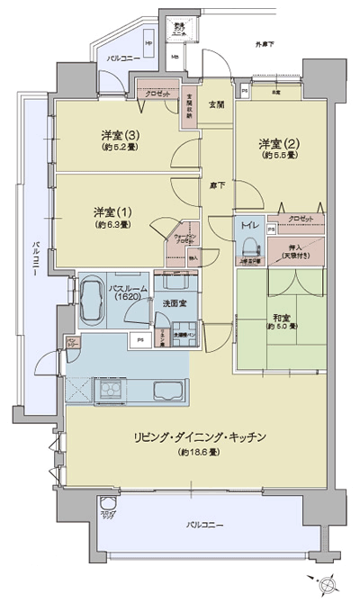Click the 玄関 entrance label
(x=217, y=105)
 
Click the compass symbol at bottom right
(x=326, y=581)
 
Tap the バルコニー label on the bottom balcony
(x=205, y=523)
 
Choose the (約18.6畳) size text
(x=200, y=451)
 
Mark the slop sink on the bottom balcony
(x=108, y=506)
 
